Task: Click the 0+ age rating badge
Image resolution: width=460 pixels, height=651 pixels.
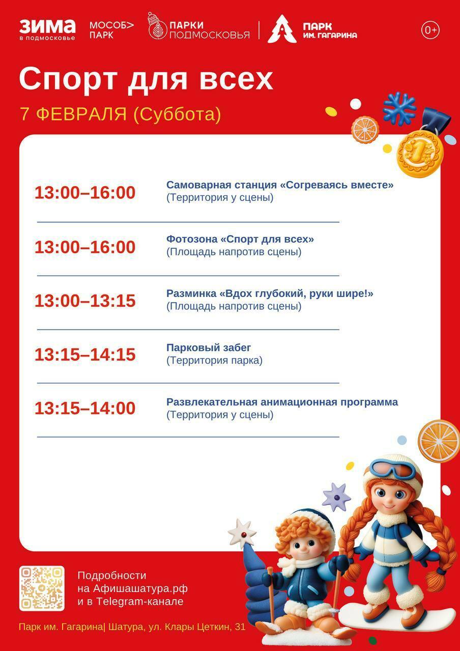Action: pos(430,30)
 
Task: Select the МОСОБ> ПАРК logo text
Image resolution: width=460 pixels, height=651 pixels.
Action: pos(111,30)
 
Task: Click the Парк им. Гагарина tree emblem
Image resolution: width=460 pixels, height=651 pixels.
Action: pos(282,29)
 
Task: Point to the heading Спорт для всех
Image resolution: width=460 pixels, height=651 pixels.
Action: pos(146,79)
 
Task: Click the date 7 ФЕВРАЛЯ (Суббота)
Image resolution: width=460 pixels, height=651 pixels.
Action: pos(121,114)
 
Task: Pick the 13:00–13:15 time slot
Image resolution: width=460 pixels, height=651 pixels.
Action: pos(85,301)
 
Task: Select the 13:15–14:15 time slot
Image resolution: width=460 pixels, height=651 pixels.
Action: pos(85,354)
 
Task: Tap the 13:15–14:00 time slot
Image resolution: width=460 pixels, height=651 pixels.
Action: pos(85,408)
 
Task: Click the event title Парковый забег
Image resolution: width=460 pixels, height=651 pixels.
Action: pos(209,348)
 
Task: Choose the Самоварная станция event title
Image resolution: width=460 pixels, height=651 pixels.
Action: pos(280,185)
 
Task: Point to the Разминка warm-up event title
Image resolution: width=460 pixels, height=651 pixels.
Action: pos(270,293)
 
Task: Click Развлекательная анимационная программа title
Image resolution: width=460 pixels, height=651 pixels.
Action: pos(282,402)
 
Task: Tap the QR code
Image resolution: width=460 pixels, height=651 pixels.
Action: pos(42,588)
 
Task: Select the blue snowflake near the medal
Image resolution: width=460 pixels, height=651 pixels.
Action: pos(399,108)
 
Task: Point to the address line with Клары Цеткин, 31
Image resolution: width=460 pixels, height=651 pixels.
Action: pos(132,627)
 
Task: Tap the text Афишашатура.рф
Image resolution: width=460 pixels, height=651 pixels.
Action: pos(140,588)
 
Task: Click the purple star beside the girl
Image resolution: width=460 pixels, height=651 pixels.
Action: pos(336,496)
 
